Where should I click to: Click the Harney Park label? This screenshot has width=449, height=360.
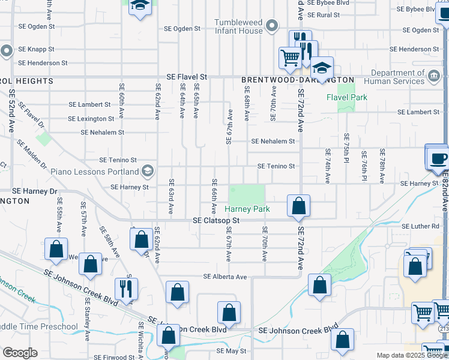point(247,209)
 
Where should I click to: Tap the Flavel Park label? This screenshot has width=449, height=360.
point(346,97)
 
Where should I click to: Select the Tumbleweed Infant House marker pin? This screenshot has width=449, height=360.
point(272,26)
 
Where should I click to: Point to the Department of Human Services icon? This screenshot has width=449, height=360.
point(434,76)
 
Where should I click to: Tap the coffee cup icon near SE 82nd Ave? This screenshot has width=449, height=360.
point(438,159)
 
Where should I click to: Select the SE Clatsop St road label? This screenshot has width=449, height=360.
point(216,221)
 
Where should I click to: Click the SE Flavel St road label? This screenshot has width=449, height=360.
point(187,77)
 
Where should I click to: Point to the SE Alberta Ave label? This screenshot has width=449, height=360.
point(225,277)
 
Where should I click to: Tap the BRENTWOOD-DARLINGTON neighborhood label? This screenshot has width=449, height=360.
point(298,80)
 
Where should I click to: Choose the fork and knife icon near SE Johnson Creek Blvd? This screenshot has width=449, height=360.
point(126,289)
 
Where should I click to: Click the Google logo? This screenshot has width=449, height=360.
point(20,353)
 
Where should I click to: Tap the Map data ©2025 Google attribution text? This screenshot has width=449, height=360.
point(412,355)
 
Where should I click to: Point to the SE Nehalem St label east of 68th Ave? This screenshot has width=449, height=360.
point(273,142)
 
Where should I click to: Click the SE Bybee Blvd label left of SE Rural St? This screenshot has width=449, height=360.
point(327,3)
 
